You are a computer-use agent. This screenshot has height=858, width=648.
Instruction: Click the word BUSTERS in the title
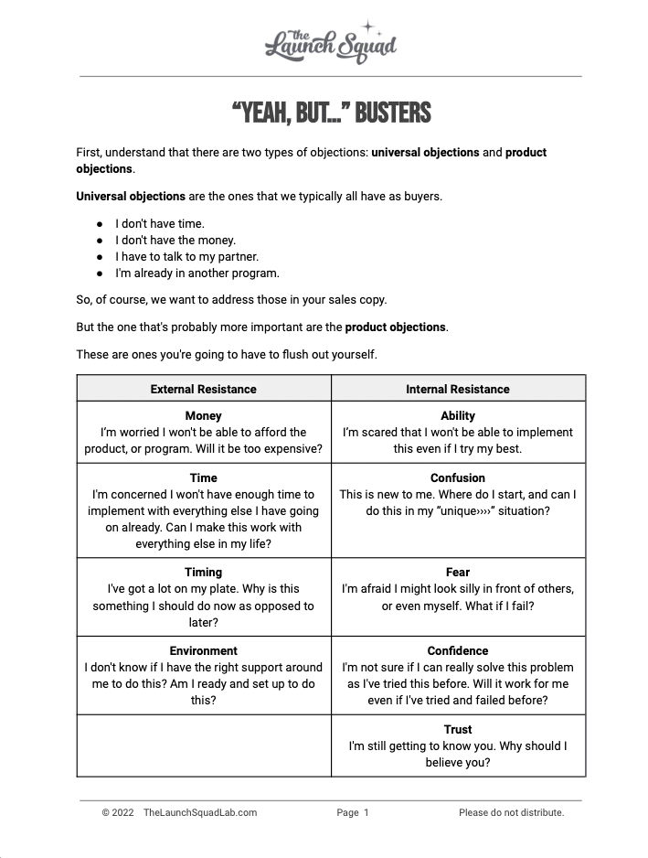pyautogui.click(x=392, y=113)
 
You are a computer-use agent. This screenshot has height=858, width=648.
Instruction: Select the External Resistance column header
pyautogui.click(x=203, y=389)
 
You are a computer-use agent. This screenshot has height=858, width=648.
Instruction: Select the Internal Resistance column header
pyautogui.click(x=458, y=389)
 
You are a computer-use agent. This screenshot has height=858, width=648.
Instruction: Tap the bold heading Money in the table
pyautogui.click(x=203, y=415)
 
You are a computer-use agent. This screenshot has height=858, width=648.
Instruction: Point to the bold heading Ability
pyautogui.click(x=458, y=415)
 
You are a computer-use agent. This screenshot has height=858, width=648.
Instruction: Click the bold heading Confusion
pyautogui.click(x=458, y=477)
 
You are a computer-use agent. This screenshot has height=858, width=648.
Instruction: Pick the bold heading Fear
pyautogui.click(x=458, y=572)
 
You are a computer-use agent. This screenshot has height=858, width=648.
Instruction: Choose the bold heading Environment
pyautogui.click(x=203, y=650)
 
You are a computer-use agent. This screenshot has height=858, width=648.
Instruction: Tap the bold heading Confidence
pyautogui.click(x=458, y=650)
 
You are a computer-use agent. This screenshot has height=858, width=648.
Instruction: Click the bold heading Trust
pyautogui.click(x=458, y=729)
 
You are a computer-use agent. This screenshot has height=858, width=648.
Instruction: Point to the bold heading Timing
pyautogui.click(x=203, y=572)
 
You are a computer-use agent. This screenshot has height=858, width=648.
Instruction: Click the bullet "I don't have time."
pyautogui.click(x=160, y=223)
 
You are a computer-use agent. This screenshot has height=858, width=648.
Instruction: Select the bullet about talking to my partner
pyautogui.click(x=186, y=256)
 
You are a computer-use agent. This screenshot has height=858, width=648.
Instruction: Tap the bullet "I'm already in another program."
pyautogui.click(x=197, y=273)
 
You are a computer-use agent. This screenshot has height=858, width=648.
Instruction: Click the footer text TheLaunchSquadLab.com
pyautogui.click(x=200, y=812)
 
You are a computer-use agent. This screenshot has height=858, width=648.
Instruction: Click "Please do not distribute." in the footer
pyautogui.click(x=512, y=812)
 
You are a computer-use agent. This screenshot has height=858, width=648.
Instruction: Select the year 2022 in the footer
pyautogui.click(x=122, y=812)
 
